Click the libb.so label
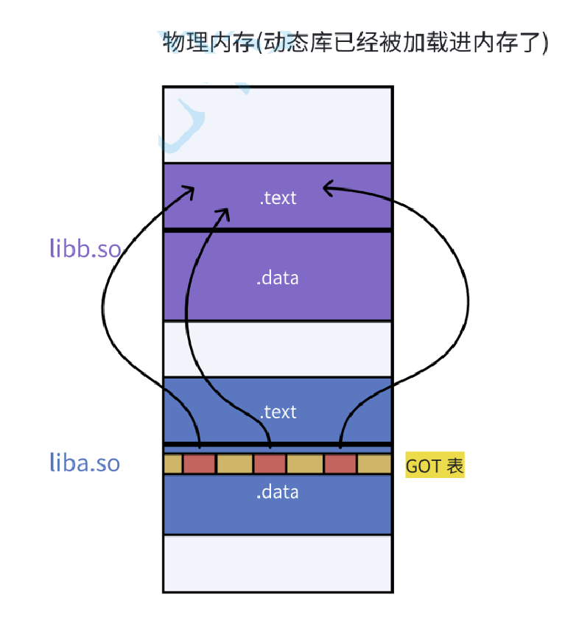(x=85, y=248)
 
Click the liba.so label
(x=84, y=463)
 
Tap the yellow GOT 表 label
(x=435, y=466)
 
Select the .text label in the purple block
(x=278, y=197)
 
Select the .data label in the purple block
(x=278, y=278)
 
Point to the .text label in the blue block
(x=278, y=412)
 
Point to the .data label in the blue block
(x=278, y=492)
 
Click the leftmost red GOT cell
(x=199, y=464)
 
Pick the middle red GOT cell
(x=270, y=464)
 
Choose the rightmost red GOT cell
(x=340, y=464)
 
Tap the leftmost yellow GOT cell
(x=172, y=464)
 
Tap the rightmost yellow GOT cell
(x=374, y=464)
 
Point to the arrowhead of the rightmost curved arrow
(x=328, y=189)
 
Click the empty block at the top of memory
(x=278, y=124)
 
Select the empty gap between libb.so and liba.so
(x=278, y=349)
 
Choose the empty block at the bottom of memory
(x=278, y=563)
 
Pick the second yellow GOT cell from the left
(x=234, y=464)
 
